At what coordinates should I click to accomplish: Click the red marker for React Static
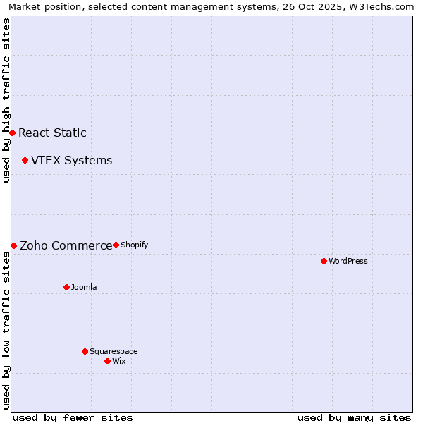[12, 133]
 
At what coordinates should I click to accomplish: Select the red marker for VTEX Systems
[25, 161]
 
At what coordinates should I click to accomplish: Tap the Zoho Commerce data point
[13, 245]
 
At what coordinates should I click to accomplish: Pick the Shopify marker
[116, 245]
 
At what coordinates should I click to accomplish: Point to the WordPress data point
[324, 261]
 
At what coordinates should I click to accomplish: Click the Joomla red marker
[66, 287]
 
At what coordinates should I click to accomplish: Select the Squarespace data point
[85, 351]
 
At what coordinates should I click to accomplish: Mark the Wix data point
[107, 361]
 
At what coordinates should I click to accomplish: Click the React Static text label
[52, 133]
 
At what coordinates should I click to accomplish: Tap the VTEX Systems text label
[71, 161]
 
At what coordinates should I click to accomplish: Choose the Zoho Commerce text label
[66, 245]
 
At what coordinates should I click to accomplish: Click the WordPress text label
[348, 261]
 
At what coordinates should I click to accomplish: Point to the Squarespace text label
[114, 351]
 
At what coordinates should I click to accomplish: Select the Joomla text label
[84, 287]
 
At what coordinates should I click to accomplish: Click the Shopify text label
[134, 245]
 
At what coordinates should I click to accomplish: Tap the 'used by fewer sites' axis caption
[73, 417]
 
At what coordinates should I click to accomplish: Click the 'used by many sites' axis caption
[354, 417]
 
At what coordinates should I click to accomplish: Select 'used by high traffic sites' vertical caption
[6, 100]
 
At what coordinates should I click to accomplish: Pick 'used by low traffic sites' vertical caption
[6, 330]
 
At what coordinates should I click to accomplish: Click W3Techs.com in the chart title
[381, 7]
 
